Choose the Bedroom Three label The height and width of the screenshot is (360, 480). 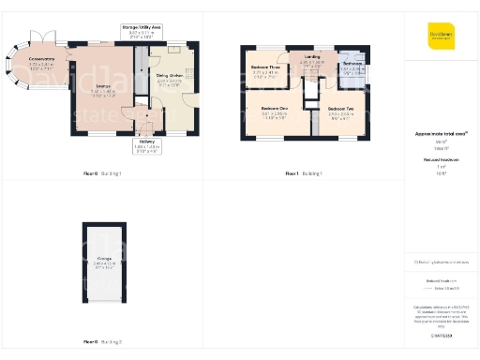pyautogui.click(x=266, y=69)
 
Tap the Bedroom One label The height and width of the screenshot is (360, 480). pyautogui.click(x=275, y=112)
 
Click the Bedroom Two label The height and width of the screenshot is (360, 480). pyautogui.click(x=340, y=112)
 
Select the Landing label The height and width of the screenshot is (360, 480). pyautogui.click(x=312, y=60)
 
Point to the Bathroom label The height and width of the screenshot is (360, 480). pyautogui.click(x=352, y=67)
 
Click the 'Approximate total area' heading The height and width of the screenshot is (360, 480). pyautogui.click(x=441, y=134)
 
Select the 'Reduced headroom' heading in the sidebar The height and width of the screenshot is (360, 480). pyautogui.click(x=440, y=160)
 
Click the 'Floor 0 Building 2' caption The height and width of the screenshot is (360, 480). pyautogui.click(x=103, y=342)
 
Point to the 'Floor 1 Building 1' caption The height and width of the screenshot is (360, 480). pyautogui.click(x=304, y=173)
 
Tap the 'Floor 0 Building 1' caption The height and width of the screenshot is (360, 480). pyautogui.click(x=103, y=173)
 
